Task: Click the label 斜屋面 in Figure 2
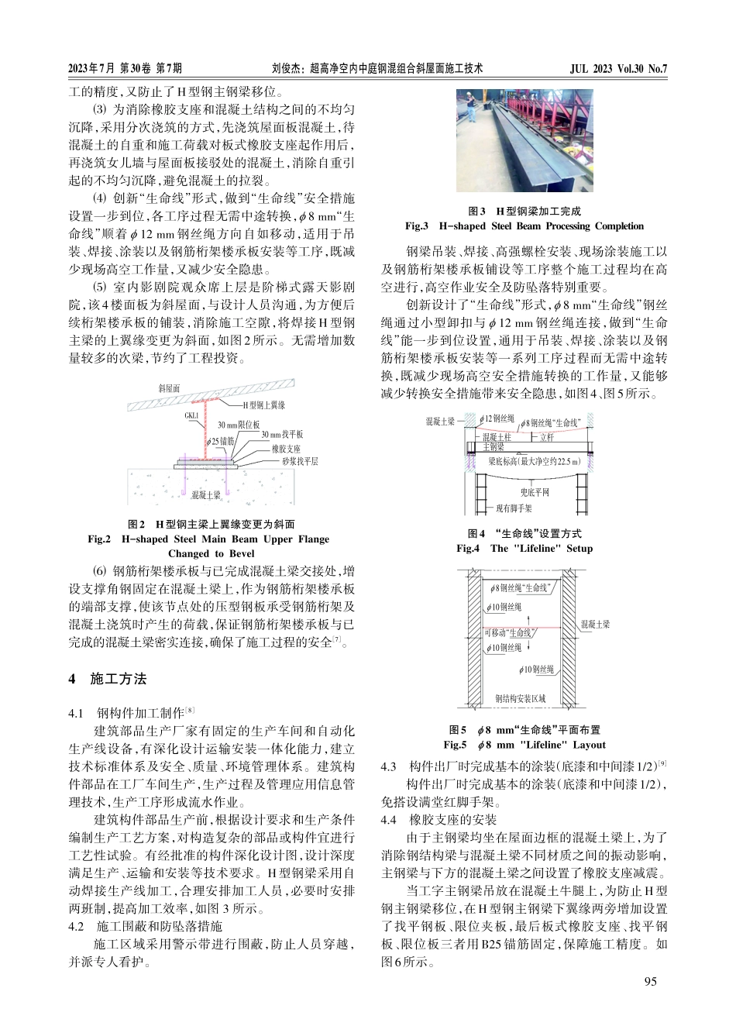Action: click(x=169, y=387)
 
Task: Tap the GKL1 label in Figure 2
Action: click(x=191, y=415)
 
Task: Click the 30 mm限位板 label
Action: click(x=238, y=425)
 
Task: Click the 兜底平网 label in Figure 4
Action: click(x=535, y=492)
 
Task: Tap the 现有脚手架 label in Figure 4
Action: click(x=514, y=508)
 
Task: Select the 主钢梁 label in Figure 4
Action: click(x=494, y=447)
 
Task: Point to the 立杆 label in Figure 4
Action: click(x=547, y=438)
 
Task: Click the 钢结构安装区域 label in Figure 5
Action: click(x=521, y=698)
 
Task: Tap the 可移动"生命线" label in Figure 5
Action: click(x=509, y=632)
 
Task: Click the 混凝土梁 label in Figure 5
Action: click(x=595, y=624)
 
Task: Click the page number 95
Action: click(x=650, y=982)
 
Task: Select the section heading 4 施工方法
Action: click(x=108, y=680)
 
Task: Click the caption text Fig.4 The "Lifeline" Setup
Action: click(x=524, y=549)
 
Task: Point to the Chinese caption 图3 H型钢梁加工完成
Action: click(x=524, y=211)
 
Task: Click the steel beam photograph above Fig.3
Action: click(x=524, y=140)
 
